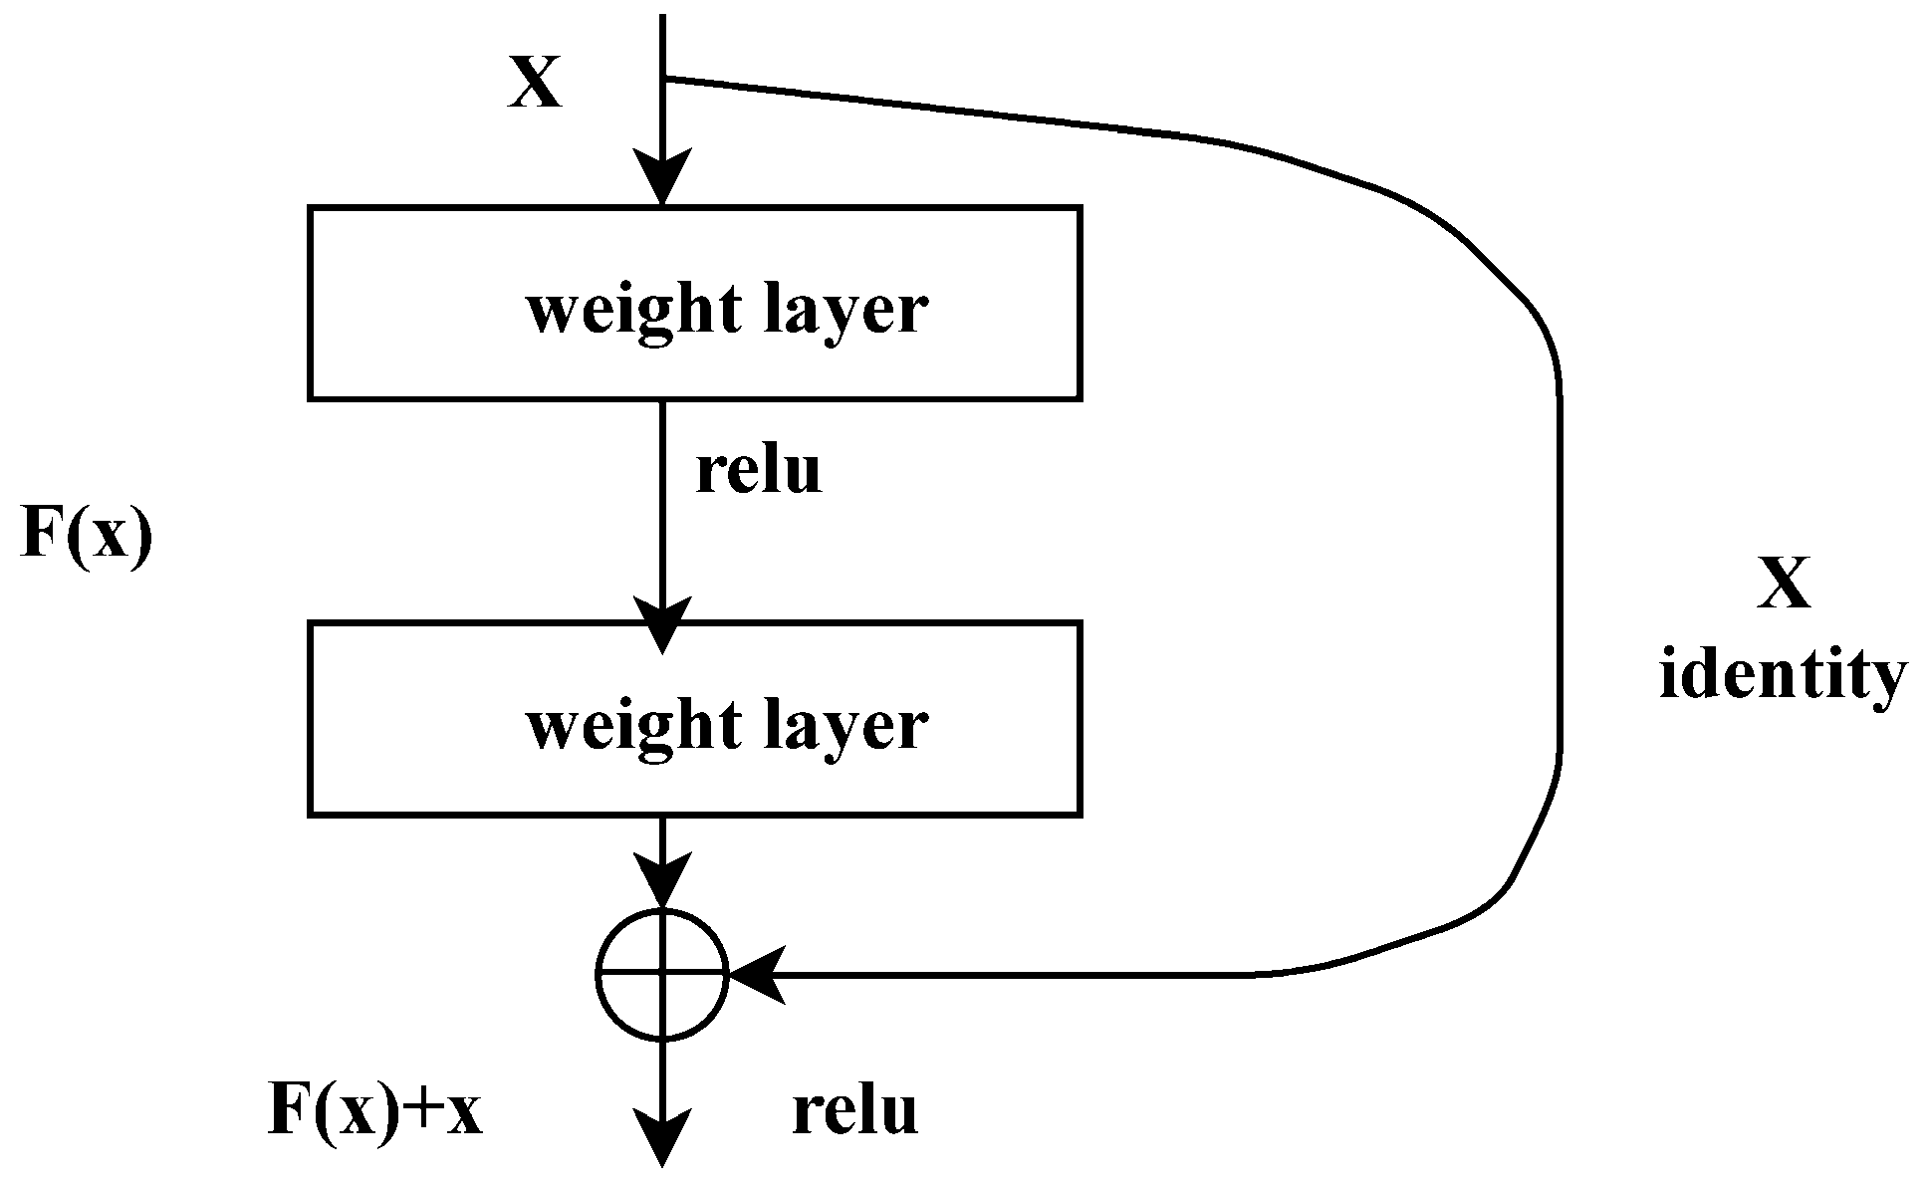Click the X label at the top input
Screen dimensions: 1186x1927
point(535,82)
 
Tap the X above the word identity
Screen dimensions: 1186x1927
point(1783,584)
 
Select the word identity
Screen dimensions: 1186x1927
point(1783,677)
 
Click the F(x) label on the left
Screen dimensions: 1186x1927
point(87,534)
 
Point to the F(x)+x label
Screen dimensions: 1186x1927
point(375,1110)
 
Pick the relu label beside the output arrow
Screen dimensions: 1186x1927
point(854,1111)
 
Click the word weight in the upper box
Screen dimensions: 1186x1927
point(633,311)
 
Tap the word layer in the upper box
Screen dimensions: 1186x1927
point(845,311)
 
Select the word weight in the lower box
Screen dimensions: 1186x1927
point(633,727)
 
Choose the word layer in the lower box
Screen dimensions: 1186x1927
point(845,727)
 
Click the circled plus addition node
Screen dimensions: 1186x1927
point(662,975)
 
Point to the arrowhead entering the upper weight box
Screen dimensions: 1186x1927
point(662,179)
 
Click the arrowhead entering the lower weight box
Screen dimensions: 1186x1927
point(662,624)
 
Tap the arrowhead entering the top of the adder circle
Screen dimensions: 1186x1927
point(662,882)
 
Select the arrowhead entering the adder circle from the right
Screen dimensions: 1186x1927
point(757,975)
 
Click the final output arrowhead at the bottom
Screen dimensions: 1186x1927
point(662,1140)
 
